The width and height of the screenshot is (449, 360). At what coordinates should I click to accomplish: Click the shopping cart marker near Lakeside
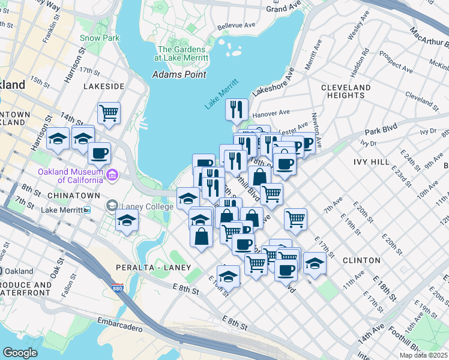(x=109, y=112)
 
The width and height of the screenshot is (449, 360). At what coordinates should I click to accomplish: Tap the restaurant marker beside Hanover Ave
(x=237, y=109)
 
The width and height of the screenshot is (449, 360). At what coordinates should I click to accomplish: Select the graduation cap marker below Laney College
(x=127, y=222)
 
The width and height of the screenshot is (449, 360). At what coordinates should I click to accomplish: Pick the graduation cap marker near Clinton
(x=315, y=262)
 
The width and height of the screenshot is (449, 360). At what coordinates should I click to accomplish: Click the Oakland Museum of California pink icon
(x=112, y=175)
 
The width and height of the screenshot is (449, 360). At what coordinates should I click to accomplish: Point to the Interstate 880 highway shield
(x=118, y=288)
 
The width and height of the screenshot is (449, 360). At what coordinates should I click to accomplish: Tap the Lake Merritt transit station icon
(x=87, y=210)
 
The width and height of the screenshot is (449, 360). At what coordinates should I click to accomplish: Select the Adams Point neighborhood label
(x=179, y=74)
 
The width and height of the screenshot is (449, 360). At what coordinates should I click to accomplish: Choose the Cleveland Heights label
(x=346, y=91)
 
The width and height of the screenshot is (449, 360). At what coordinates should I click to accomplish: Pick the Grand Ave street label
(x=283, y=8)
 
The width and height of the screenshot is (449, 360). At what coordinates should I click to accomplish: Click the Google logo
(x=20, y=353)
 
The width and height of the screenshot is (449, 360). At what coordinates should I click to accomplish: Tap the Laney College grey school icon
(x=112, y=206)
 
